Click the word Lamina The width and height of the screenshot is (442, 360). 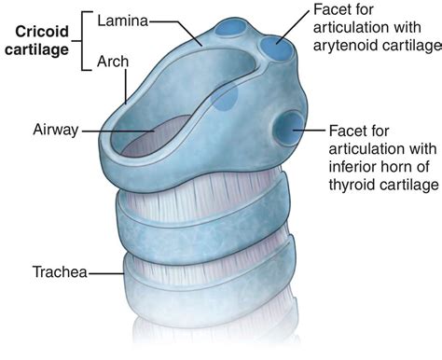click(x=123, y=21)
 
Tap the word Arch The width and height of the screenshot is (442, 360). click(x=113, y=62)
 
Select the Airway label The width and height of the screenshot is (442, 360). click(x=56, y=130)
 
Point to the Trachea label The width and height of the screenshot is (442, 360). click(x=60, y=271)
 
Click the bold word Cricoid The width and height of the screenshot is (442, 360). click(x=42, y=32)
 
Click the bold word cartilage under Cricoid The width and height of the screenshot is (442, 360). click(x=36, y=49)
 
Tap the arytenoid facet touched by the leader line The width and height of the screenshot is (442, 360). click(x=276, y=48)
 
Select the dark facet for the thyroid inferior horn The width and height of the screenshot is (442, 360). click(x=288, y=128)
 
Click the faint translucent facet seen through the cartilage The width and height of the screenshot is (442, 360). click(x=225, y=98)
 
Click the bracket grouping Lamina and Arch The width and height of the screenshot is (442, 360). click(x=83, y=41)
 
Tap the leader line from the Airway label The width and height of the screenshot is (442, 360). click(x=118, y=131)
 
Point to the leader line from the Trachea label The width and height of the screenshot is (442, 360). click(x=106, y=273)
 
